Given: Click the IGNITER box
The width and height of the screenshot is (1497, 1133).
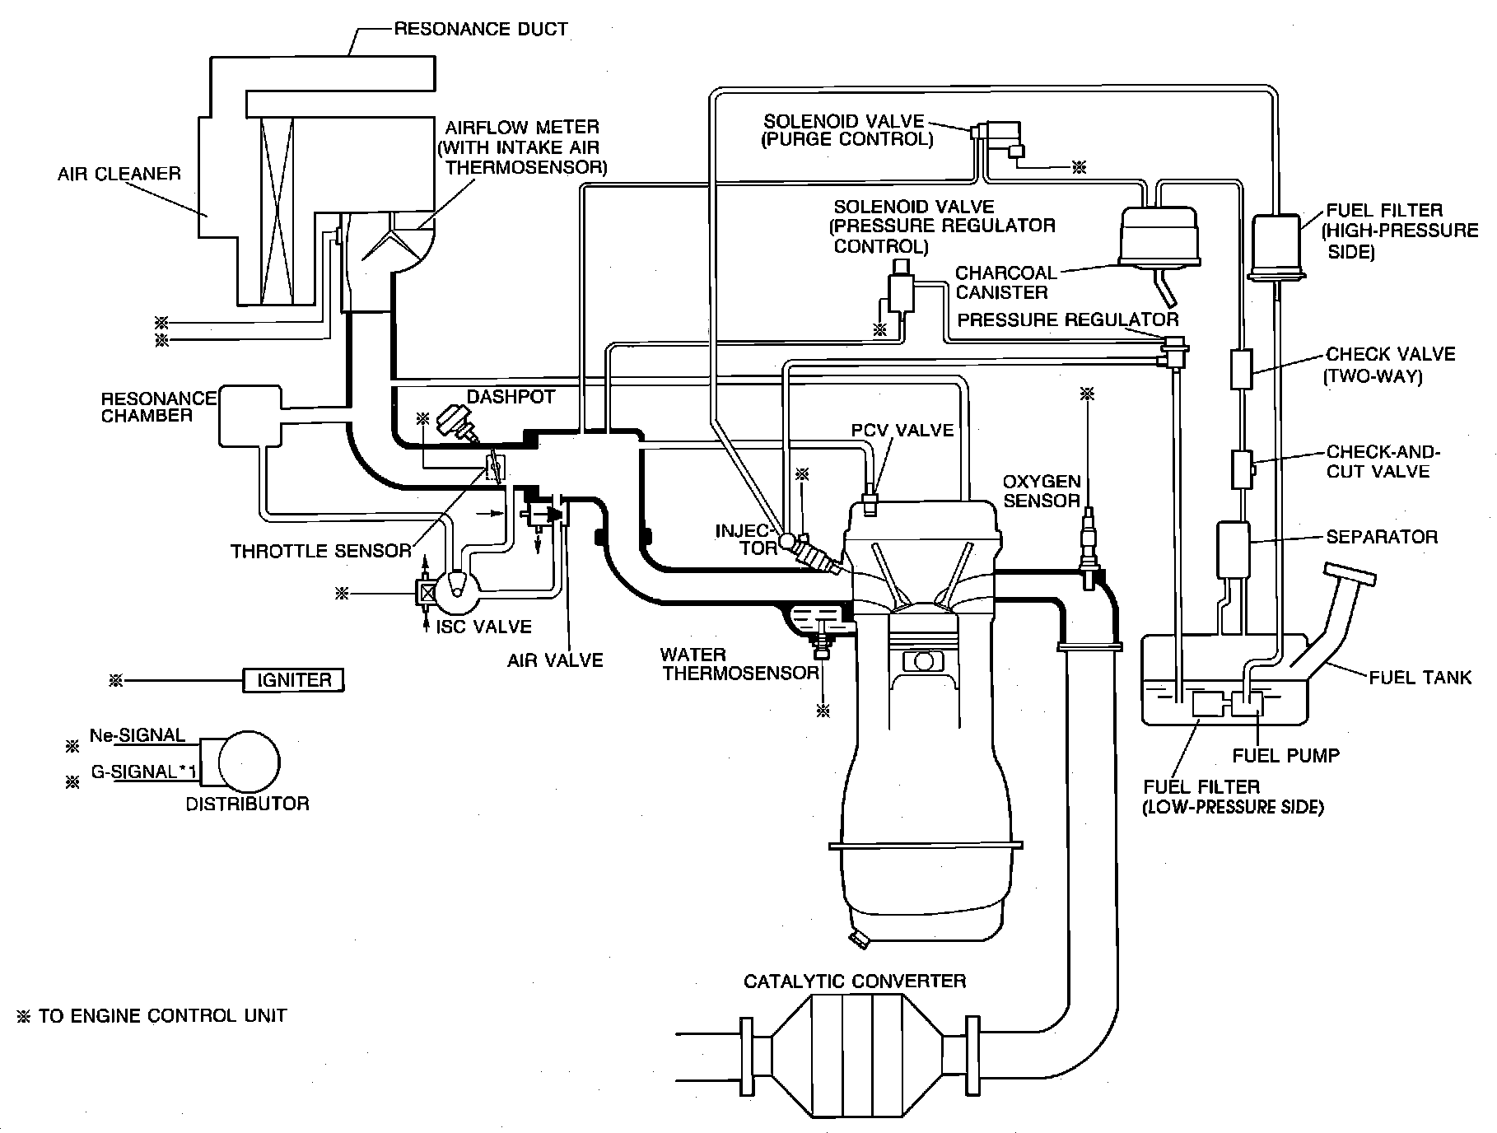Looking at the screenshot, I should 294,680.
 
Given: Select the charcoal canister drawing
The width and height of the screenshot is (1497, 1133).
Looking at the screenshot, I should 1158,235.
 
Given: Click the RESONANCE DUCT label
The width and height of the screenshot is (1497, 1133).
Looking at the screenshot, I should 481,30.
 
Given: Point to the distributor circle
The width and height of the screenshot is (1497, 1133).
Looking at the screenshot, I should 248,762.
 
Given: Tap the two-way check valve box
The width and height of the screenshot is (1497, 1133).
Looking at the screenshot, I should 1241,368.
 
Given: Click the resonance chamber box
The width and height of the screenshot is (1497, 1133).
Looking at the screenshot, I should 250,416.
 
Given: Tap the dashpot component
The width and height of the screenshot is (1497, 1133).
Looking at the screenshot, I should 456,422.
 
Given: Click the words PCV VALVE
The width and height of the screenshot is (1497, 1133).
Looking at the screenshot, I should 902,430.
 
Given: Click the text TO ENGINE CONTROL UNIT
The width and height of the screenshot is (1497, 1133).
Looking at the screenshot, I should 162,1015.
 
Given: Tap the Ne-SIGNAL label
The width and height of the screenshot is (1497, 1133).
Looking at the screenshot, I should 137,735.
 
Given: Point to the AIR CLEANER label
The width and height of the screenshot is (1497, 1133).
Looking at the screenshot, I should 119,174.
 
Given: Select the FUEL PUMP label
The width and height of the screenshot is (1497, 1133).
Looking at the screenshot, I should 1285,754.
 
